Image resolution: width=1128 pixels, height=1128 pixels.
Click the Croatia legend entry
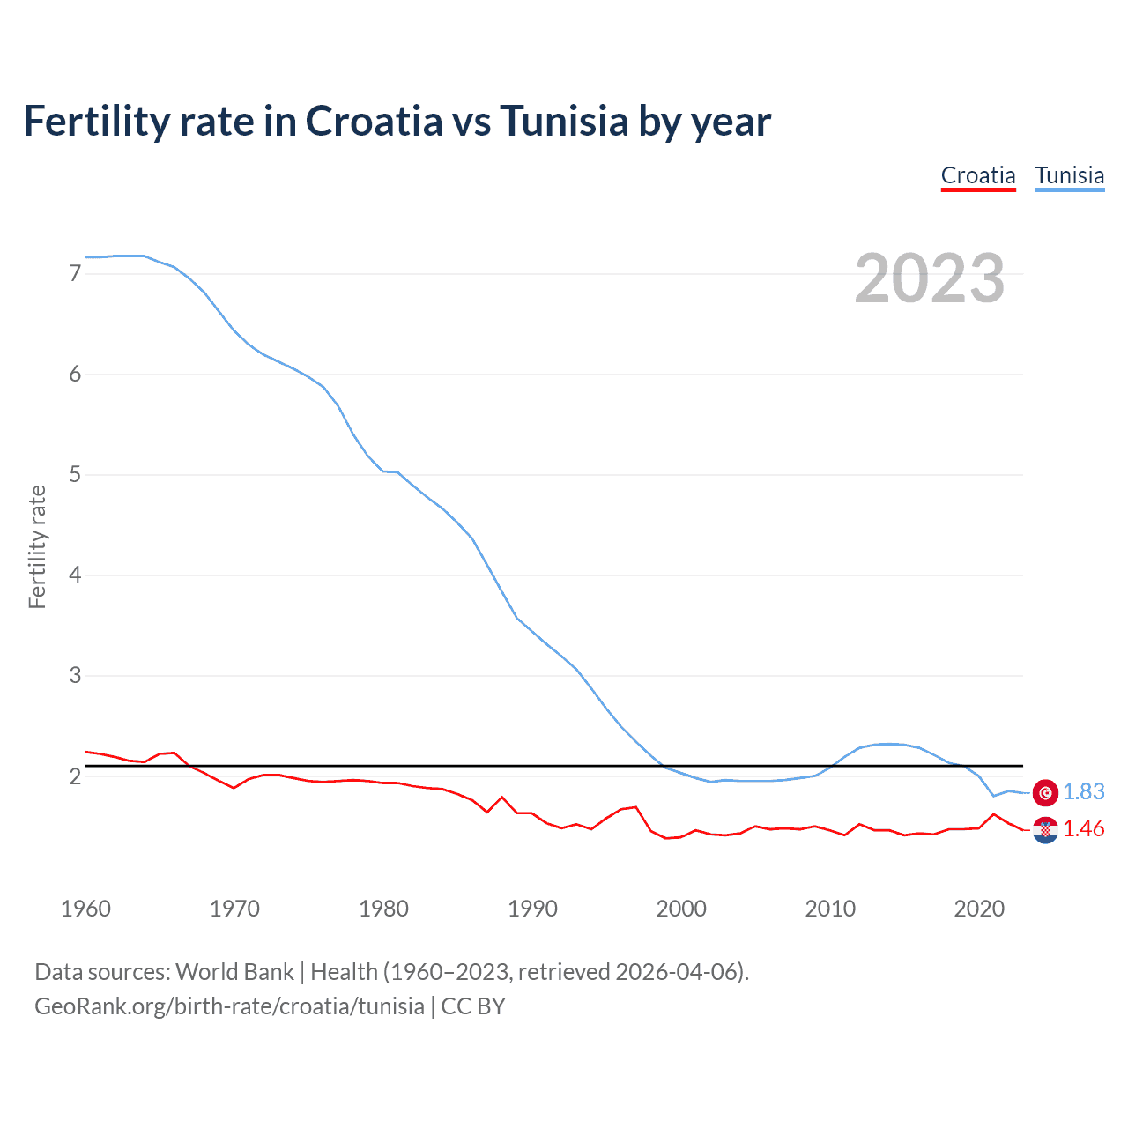[978, 175]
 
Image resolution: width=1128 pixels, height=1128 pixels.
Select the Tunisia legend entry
[1069, 175]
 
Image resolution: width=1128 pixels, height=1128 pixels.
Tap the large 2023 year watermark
[930, 278]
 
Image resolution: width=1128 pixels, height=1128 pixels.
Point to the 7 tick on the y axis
[75, 274]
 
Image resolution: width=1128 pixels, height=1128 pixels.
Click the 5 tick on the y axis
[75, 475]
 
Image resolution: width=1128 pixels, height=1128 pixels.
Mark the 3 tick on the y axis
[75, 676]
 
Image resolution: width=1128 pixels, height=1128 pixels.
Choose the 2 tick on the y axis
[75, 776]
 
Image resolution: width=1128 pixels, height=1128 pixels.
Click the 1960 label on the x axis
[85, 909]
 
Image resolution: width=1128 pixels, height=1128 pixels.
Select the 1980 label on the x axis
[383, 909]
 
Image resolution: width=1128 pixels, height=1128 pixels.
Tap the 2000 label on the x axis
[681, 909]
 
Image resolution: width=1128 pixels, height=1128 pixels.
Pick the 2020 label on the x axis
[979, 909]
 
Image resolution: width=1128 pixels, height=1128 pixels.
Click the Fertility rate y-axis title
[37, 546]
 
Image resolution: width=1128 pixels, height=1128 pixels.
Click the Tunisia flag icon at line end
[1045, 792]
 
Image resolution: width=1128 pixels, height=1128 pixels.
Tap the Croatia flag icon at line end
[1045, 829]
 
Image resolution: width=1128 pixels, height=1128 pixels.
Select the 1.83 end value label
[1083, 792]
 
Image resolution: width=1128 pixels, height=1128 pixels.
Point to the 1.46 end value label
[1083, 829]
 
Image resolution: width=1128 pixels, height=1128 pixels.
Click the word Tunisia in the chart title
[564, 121]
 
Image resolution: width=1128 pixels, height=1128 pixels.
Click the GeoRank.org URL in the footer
[229, 1006]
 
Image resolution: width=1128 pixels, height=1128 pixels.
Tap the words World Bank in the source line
[234, 972]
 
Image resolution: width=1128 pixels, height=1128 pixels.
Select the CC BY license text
[473, 1006]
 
